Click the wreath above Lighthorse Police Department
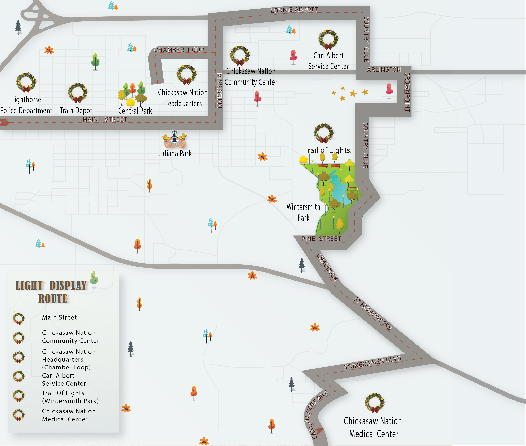(x=26, y=82)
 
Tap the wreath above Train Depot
(x=78, y=93)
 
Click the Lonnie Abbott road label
(x=294, y=10)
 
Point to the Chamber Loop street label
(x=179, y=50)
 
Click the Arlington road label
(x=384, y=69)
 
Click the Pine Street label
(x=321, y=239)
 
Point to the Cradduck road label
(x=327, y=267)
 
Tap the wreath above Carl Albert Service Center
(x=328, y=39)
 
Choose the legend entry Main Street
(x=59, y=317)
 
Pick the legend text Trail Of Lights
(x=63, y=393)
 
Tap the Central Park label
(x=135, y=111)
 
